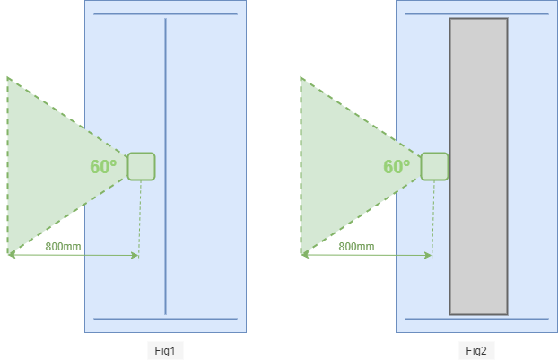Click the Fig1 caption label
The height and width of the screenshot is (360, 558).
[x=165, y=351]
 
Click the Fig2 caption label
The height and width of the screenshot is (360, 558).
[x=476, y=351]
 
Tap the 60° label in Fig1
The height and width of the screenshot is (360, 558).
[x=103, y=167]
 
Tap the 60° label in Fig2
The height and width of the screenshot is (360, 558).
[x=397, y=167]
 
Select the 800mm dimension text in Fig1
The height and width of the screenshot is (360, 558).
[x=63, y=246]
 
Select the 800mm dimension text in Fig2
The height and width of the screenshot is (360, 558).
[x=356, y=246]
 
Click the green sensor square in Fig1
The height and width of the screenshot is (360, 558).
[x=141, y=166]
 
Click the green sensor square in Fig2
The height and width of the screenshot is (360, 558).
[x=434, y=166]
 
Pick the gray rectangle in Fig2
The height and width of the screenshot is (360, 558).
[x=479, y=166]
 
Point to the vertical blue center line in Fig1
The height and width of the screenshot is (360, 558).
[x=165, y=166]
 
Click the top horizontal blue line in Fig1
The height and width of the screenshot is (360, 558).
[x=165, y=13]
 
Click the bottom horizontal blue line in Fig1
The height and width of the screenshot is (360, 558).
[x=165, y=319]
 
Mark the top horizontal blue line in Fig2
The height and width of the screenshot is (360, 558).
[x=476, y=13]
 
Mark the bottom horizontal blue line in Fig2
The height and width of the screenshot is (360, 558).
[x=476, y=319]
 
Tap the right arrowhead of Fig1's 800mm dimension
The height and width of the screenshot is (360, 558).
[x=135, y=255]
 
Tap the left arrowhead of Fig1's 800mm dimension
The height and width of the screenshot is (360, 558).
[x=12, y=255]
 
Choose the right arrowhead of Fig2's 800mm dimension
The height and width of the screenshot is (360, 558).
[x=429, y=255]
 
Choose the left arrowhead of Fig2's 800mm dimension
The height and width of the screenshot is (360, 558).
[x=305, y=255]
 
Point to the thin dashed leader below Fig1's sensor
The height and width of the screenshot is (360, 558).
[x=140, y=218]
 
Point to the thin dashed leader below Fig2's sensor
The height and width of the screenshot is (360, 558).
[x=433, y=218]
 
